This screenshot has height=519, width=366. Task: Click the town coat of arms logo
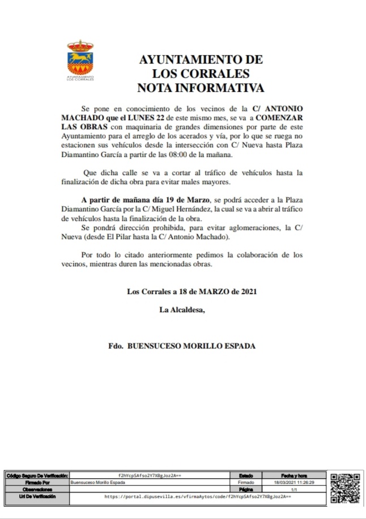click(x=80, y=60)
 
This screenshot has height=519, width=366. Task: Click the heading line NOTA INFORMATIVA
click(x=201, y=88)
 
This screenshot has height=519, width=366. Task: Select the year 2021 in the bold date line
click(x=249, y=292)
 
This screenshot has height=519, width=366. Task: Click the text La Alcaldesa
click(x=181, y=309)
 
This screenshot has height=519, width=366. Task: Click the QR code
click(x=345, y=488)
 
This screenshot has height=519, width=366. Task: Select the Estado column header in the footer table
click(x=246, y=475)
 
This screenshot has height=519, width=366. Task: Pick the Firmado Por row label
click(x=37, y=482)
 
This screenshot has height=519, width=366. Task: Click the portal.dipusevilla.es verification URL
click(x=198, y=496)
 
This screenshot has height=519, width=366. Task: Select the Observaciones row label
click(x=37, y=488)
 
